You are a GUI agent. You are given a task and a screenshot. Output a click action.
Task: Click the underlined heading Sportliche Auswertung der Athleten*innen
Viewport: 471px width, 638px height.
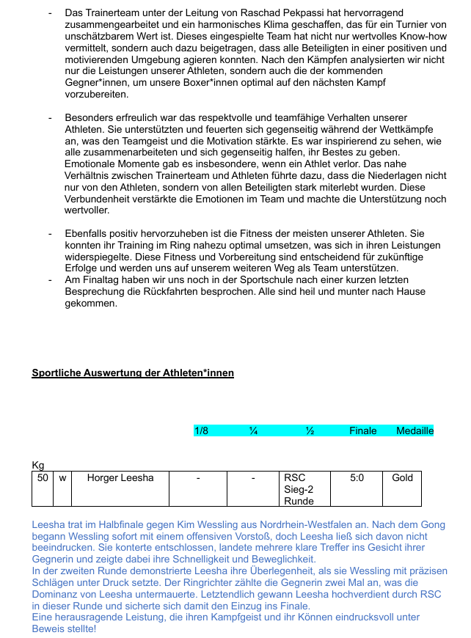[133, 373]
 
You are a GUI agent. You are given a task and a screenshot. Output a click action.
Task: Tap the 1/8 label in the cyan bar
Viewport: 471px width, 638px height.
[201, 430]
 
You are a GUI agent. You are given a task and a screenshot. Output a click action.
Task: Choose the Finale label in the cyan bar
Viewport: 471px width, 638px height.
[362, 430]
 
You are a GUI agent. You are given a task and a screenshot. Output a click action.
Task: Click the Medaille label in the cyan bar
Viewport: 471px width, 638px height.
[415, 430]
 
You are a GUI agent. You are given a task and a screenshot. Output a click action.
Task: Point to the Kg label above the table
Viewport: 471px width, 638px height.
[38, 466]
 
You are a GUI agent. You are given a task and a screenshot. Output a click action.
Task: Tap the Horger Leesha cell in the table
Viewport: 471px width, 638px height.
[120, 478]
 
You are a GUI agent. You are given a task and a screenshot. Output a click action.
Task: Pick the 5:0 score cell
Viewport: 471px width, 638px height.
[357, 478]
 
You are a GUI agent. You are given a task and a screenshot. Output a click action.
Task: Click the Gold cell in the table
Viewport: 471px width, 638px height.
[402, 478]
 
